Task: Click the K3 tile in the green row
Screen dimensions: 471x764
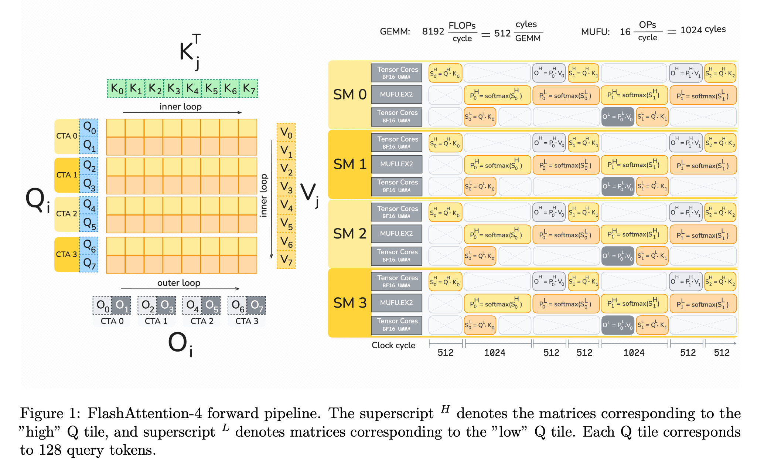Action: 174,89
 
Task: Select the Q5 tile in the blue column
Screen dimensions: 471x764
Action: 89,223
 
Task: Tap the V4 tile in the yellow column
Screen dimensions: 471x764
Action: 286,205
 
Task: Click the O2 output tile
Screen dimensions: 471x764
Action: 147,305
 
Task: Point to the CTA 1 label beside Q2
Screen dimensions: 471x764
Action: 66,175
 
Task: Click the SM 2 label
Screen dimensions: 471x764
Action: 349,234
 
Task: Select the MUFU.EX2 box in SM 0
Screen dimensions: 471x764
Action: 396,95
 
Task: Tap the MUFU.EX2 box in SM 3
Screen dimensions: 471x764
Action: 396,303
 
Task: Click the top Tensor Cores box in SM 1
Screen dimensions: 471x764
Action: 396,142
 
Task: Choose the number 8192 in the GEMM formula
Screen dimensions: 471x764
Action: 433,32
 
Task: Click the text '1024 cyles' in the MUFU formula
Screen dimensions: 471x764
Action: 703,30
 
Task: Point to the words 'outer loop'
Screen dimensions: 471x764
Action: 179,283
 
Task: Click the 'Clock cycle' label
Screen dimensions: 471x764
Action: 393,345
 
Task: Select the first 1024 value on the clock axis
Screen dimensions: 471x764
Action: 494,353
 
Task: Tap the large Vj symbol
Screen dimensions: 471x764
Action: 309,194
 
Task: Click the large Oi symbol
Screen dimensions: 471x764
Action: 180,344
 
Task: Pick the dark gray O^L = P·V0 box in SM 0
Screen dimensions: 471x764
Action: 617,117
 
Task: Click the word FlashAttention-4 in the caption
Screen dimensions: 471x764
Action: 144,413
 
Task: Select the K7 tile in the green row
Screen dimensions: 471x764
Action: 249,89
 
